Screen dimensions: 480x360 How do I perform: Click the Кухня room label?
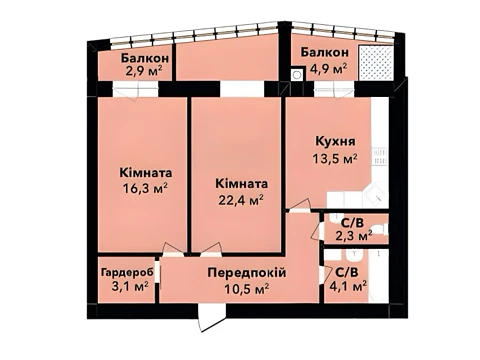335,141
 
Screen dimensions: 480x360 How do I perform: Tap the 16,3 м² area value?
145,189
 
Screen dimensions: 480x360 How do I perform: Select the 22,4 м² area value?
241,200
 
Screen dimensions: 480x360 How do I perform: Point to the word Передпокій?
247,273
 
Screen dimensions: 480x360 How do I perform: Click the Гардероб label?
128,273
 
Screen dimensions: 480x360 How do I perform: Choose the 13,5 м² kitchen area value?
335,158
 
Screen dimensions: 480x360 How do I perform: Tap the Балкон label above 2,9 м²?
145,58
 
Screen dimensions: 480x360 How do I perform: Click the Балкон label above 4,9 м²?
325,52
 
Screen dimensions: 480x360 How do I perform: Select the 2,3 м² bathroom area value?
354,236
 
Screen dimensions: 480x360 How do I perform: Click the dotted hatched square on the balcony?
376,62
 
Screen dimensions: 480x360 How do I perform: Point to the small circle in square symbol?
296,75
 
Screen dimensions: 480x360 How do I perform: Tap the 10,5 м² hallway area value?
247,288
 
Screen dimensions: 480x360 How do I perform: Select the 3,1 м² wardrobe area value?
130,287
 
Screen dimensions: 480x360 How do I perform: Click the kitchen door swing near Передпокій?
299,204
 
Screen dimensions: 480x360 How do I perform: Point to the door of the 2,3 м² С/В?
317,231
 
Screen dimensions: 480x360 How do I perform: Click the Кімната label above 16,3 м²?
146,173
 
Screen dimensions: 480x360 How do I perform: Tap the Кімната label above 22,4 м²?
242,184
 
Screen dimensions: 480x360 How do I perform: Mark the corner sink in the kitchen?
376,194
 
